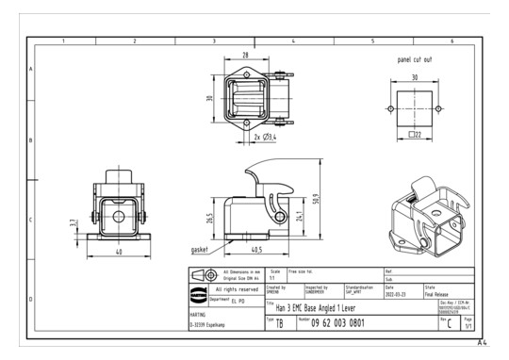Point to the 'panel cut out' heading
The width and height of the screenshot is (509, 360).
(415, 59)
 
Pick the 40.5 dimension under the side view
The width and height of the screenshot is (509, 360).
(256, 250)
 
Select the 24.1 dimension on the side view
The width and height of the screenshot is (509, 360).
(300, 216)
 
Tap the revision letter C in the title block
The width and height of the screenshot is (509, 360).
(450, 323)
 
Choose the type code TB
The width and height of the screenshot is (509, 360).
(279, 323)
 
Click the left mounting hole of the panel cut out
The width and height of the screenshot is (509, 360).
(389, 107)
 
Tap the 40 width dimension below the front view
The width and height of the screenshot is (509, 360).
(118, 252)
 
